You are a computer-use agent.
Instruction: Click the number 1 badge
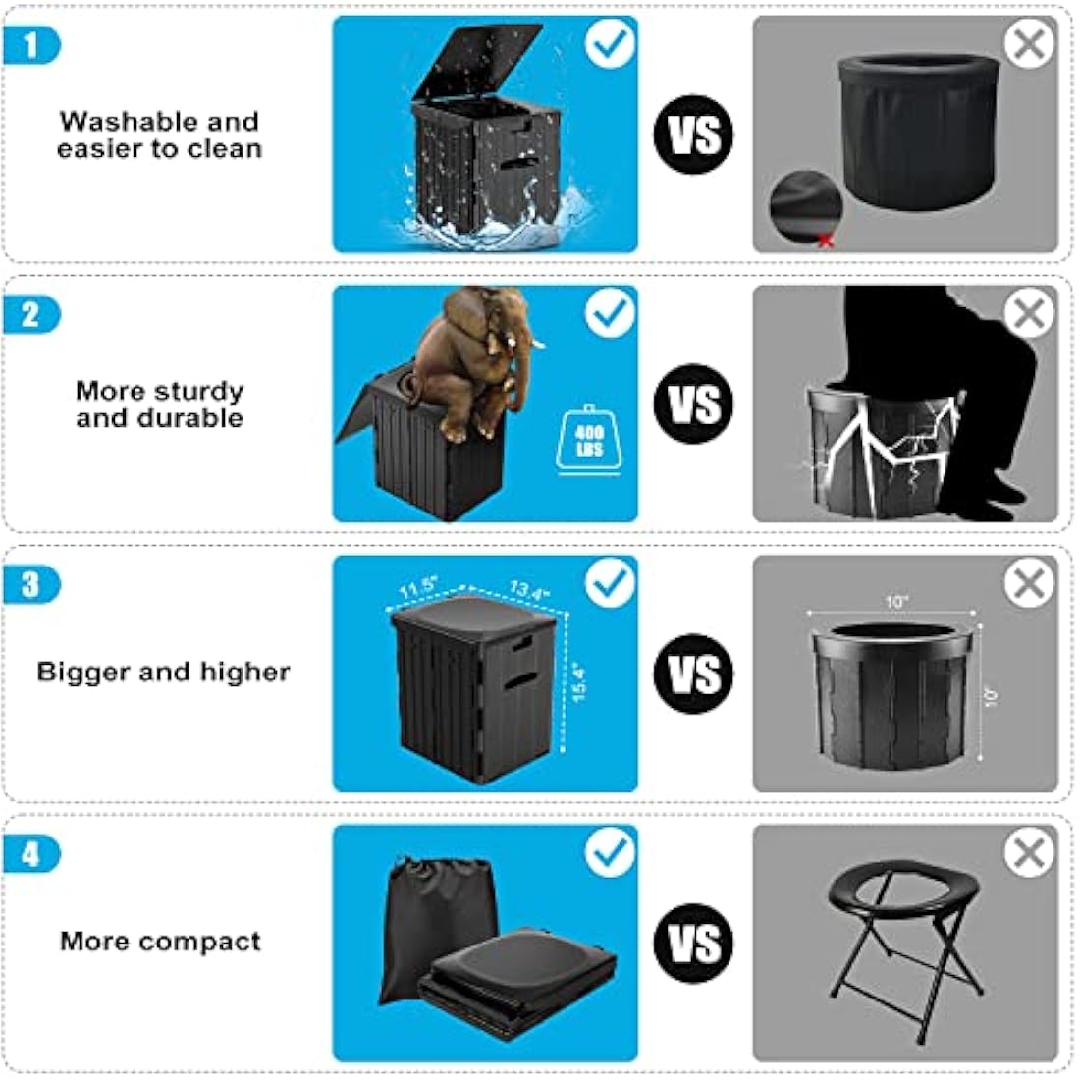tap(30, 45)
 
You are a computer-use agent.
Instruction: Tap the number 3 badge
tap(30, 585)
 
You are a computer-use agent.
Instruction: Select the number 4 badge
tap(30, 854)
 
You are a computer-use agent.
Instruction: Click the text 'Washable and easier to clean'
tap(159, 135)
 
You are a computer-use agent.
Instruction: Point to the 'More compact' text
tap(160, 942)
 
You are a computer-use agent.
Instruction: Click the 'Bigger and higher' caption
tap(163, 673)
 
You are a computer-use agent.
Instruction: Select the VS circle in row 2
tap(694, 404)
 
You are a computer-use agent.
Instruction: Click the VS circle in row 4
tap(694, 944)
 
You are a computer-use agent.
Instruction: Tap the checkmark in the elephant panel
tap(610, 313)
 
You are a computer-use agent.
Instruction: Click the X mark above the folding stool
tap(1029, 853)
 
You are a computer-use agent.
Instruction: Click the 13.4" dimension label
tap(529, 590)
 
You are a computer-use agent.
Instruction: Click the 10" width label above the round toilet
tap(896, 601)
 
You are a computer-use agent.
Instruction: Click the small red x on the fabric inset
tap(825, 240)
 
